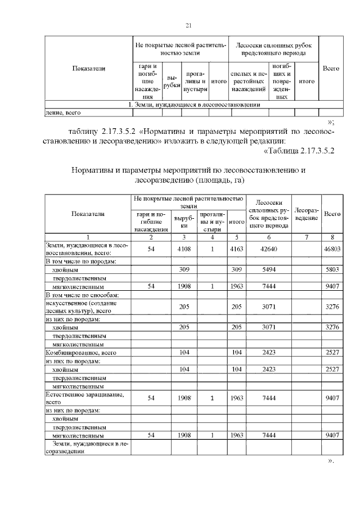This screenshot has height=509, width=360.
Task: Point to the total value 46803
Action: [x=334, y=249]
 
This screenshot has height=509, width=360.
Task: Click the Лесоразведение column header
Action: [x=307, y=214]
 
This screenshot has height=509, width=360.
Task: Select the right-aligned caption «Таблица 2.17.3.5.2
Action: [x=299, y=150]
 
